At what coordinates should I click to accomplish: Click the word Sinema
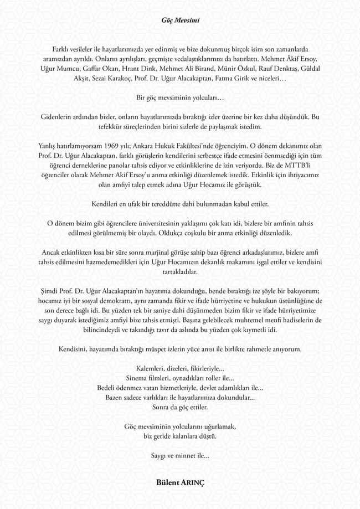point(145,378)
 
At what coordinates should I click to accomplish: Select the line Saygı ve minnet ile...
point(180,455)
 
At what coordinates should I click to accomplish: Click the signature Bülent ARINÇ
point(180,482)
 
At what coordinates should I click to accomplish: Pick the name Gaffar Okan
point(106,69)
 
